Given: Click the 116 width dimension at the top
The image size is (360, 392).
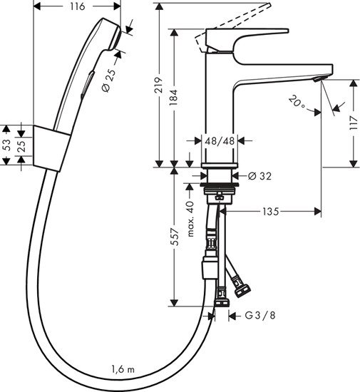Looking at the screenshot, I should pos(78,6).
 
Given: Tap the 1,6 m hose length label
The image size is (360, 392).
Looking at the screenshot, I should pos(123,368).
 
